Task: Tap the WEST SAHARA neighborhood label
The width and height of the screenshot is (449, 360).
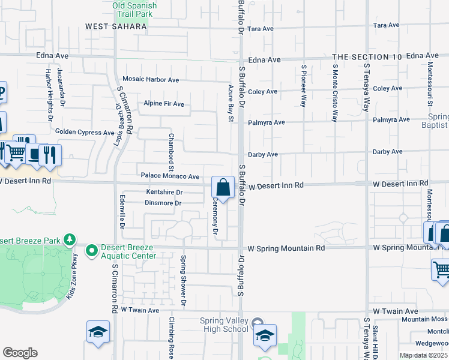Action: tap(116, 26)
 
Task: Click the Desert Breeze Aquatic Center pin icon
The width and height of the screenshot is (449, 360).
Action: tap(92, 250)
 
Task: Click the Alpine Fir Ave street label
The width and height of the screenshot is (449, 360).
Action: tap(163, 104)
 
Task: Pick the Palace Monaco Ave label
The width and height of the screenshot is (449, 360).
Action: tap(170, 176)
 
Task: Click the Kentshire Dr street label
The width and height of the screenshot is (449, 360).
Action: tap(164, 193)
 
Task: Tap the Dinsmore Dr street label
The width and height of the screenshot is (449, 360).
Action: tap(163, 203)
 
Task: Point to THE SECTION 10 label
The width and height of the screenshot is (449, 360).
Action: tap(367, 56)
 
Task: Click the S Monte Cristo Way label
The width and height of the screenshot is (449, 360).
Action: tap(335, 93)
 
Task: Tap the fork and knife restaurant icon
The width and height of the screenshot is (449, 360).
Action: tap(51, 155)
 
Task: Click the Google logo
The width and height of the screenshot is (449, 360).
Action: tap(20, 353)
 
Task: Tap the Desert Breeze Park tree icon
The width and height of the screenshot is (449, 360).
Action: tap(70, 240)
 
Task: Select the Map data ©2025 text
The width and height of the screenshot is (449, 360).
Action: tap(423, 355)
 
